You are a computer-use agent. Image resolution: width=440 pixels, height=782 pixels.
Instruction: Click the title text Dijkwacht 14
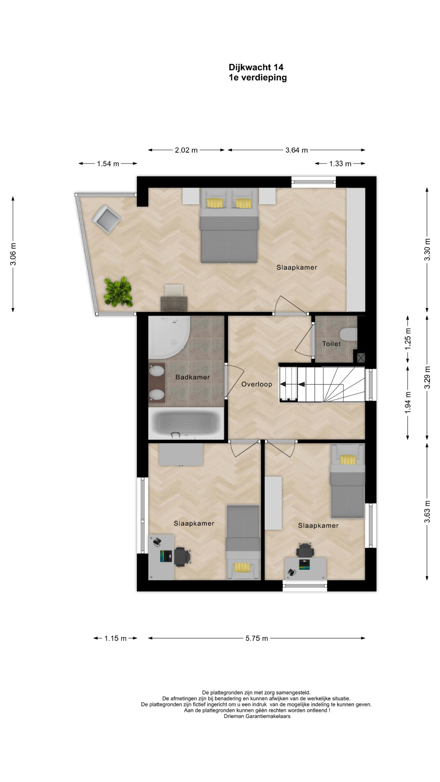(x=256, y=67)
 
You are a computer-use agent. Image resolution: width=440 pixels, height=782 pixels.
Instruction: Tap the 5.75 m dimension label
(x=257, y=638)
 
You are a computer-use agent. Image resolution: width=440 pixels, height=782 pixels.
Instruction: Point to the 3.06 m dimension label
(x=13, y=254)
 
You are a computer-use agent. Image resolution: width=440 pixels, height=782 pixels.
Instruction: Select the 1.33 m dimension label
(x=340, y=164)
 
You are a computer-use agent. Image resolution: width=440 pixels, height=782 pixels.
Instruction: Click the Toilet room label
(x=332, y=344)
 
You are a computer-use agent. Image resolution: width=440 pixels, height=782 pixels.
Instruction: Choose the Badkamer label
(x=193, y=377)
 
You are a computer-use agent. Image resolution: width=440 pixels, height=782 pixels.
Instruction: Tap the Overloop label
(x=257, y=384)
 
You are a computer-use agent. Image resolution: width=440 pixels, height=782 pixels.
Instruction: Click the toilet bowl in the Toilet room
(x=349, y=334)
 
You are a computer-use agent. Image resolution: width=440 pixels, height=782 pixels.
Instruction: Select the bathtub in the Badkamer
(x=187, y=424)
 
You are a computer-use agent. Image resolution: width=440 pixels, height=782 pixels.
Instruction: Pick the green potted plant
(x=118, y=292)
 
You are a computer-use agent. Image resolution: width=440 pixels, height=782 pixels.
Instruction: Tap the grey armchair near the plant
(x=107, y=219)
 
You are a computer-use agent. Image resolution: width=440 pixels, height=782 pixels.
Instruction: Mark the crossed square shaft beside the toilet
(x=361, y=358)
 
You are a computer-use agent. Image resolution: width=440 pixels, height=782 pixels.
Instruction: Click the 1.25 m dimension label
(x=408, y=339)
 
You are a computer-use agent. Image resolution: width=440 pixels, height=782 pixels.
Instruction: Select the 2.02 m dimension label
(x=186, y=150)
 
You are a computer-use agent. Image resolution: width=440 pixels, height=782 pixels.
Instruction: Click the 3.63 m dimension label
(x=427, y=511)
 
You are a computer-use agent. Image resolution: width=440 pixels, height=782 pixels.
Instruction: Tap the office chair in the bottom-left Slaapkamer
(x=182, y=557)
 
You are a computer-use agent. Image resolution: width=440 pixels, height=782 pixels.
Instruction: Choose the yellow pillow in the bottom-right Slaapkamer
(x=348, y=460)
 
